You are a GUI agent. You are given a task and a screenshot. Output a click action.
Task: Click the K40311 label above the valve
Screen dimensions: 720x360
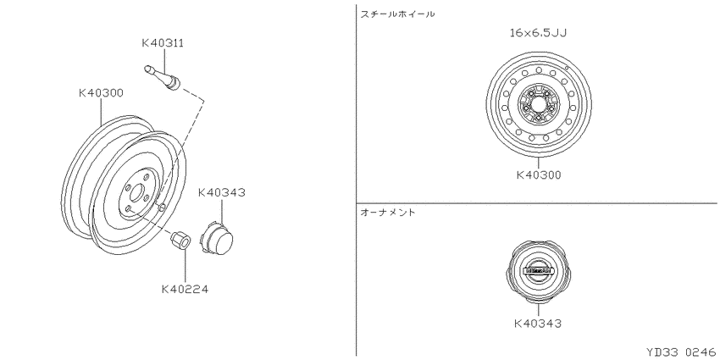[x=163, y=43]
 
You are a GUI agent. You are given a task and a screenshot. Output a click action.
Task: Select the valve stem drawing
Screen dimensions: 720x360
[x=162, y=77]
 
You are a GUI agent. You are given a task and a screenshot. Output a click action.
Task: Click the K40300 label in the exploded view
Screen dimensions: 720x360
[x=101, y=93]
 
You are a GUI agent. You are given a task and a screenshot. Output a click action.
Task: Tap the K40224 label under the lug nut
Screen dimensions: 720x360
[x=185, y=290]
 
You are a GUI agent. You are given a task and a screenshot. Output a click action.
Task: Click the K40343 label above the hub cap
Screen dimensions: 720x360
[x=222, y=192]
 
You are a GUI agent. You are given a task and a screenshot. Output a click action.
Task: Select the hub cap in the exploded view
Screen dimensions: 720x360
[x=216, y=237]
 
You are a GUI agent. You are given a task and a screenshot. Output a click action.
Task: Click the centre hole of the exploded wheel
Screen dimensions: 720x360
[x=136, y=193]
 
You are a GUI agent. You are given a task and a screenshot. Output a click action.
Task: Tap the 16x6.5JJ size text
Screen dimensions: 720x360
[x=538, y=32]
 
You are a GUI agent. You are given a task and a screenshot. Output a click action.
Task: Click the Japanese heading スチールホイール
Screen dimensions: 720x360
[x=397, y=14]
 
